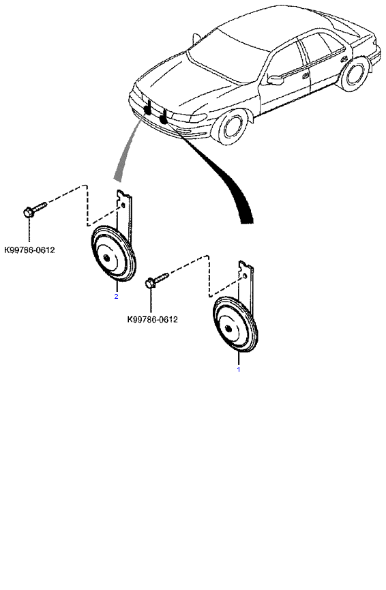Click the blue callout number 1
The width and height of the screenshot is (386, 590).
238,369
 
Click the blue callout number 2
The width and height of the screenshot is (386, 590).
116,297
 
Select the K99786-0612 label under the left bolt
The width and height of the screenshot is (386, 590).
29,250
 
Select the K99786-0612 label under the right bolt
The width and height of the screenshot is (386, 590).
152,319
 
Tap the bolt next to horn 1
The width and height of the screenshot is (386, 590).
158,280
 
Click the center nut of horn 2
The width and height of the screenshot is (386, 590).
108,258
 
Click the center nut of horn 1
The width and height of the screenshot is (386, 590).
228,329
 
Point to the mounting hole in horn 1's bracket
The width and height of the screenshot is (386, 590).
246,276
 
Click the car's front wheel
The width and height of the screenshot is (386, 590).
231,125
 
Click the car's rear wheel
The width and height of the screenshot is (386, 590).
354,74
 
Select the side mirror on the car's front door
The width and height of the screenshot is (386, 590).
275,79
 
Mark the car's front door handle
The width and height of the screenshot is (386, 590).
306,75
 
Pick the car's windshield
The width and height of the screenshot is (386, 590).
225,53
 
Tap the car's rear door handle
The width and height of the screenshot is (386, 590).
344,59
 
